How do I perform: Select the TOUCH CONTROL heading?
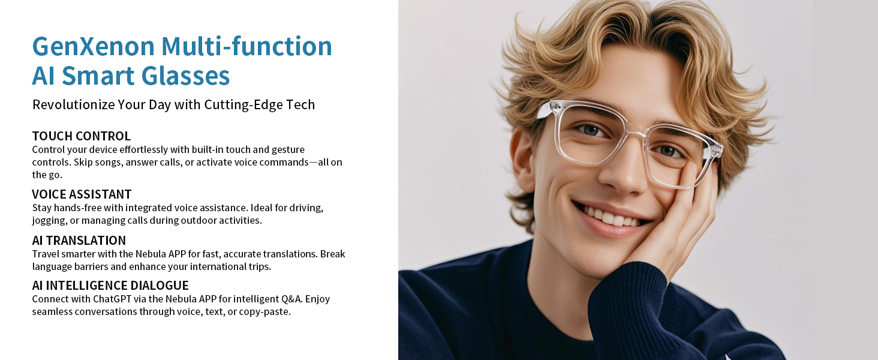(x=82, y=136)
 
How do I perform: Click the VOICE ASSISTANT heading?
(x=82, y=194)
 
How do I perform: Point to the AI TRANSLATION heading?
(x=79, y=241)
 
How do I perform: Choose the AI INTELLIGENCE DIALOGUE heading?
(x=110, y=286)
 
